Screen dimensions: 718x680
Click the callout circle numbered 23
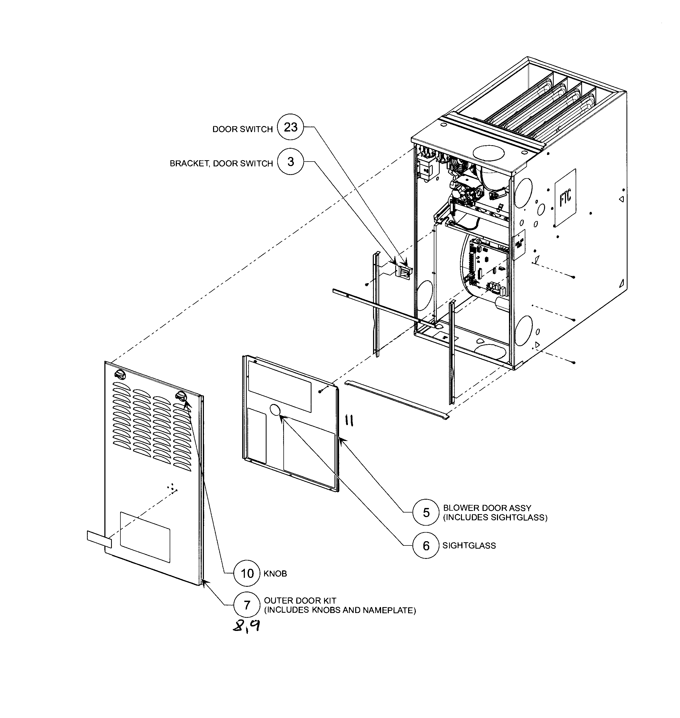pyautogui.click(x=290, y=127)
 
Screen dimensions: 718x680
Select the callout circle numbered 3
pyautogui.click(x=290, y=162)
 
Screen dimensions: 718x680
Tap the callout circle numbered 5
pyautogui.click(x=426, y=512)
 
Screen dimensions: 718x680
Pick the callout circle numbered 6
pyautogui.click(x=426, y=546)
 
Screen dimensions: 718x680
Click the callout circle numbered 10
pyautogui.click(x=247, y=573)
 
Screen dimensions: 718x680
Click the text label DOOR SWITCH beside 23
pyautogui.click(x=242, y=129)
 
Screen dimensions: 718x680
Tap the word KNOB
pyautogui.click(x=275, y=574)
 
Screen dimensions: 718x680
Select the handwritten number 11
pyautogui.click(x=349, y=421)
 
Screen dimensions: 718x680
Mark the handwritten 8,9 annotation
pyautogui.click(x=246, y=626)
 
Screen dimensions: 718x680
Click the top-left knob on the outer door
pyautogui.click(x=120, y=375)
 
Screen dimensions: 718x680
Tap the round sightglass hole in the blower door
pyautogui.click(x=275, y=410)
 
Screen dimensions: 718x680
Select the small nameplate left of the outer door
pyautogui.click(x=99, y=540)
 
